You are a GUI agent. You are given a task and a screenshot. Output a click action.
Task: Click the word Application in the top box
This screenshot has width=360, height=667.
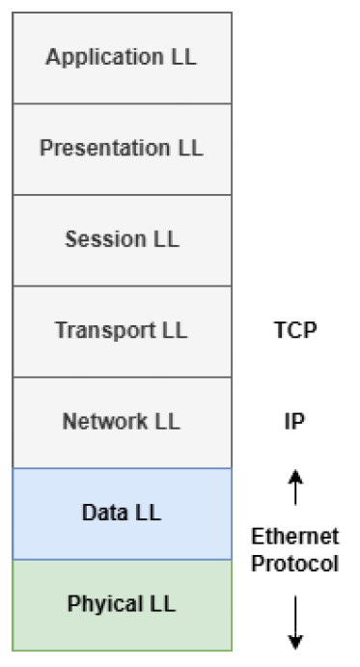(x=104, y=57)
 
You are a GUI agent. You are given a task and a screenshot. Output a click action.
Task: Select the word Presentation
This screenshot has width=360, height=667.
(x=104, y=148)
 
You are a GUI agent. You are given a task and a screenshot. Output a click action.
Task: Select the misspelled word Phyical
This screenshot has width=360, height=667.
(x=105, y=604)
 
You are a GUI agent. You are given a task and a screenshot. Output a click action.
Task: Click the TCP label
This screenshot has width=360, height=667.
(x=295, y=330)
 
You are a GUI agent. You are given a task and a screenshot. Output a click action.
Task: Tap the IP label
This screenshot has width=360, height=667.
(x=294, y=422)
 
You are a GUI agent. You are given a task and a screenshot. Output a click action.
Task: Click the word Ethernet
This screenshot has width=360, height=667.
(x=295, y=537)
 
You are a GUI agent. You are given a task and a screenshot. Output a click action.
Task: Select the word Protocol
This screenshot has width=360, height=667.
(x=295, y=564)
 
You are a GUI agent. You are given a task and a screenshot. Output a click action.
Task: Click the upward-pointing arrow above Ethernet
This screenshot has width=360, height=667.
(x=295, y=487)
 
